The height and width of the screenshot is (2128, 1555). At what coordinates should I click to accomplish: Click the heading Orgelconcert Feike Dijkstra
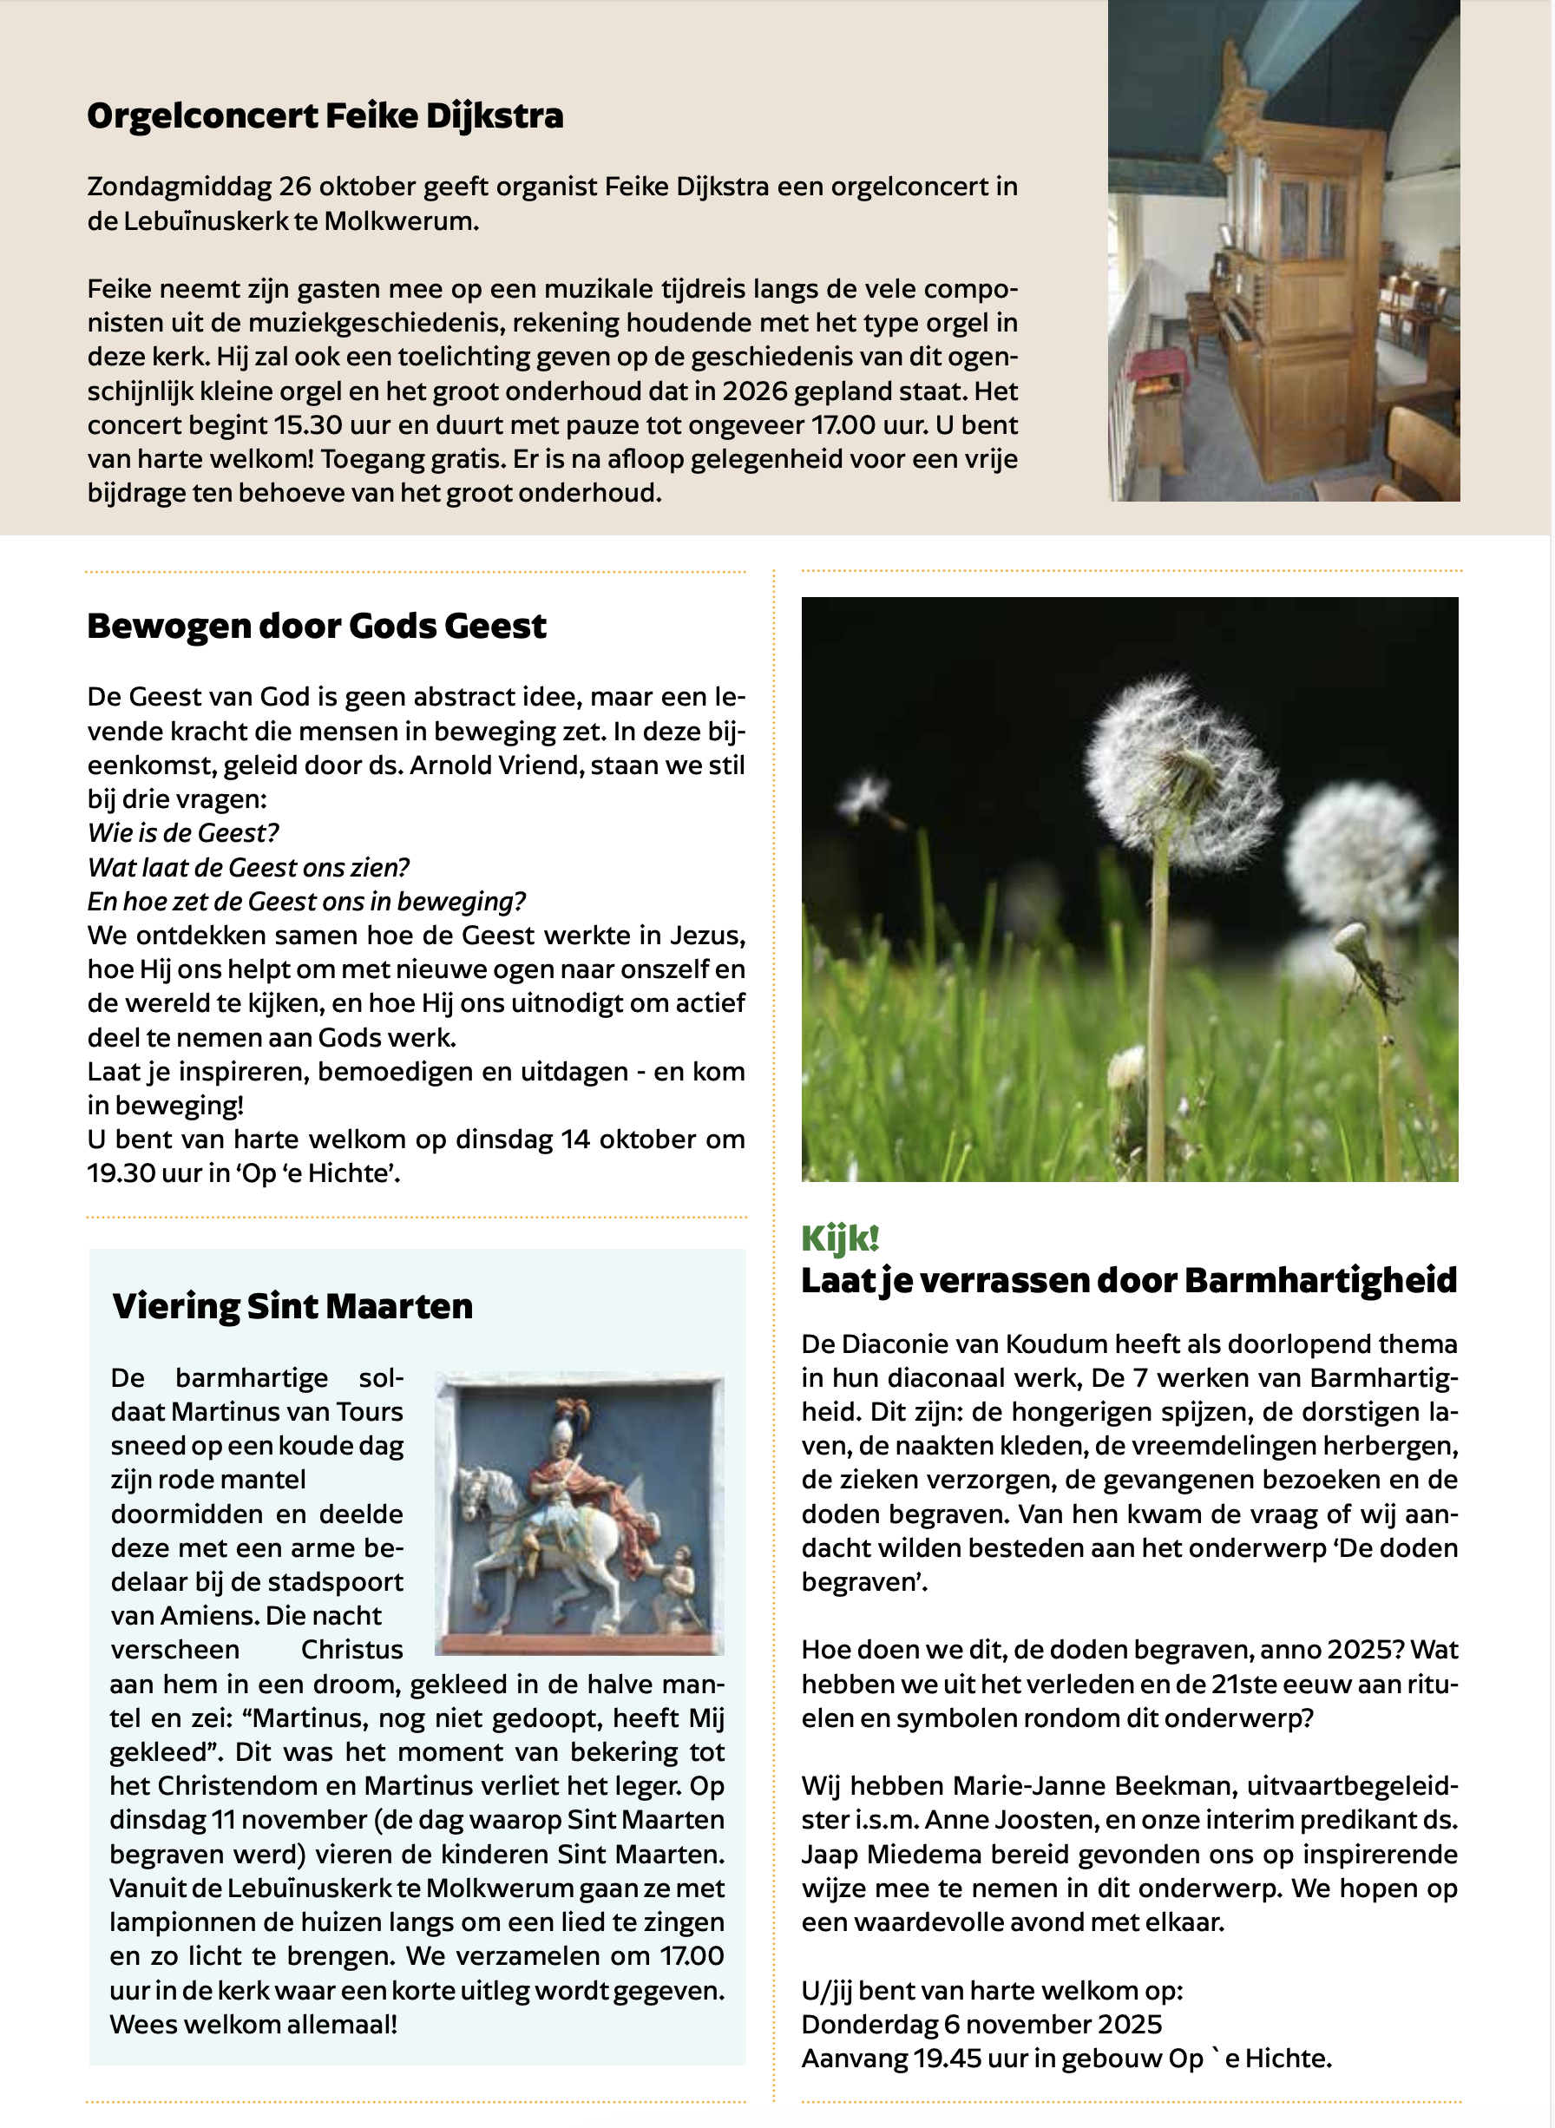tap(325, 116)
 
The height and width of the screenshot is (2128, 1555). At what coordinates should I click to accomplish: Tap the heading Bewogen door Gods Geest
tap(316, 627)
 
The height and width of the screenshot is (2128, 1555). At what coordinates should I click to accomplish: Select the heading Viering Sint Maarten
tap(292, 1307)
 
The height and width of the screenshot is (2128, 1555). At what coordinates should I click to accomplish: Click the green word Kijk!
tap(840, 1239)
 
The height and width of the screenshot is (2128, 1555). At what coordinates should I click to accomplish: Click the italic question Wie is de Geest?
tap(182, 834)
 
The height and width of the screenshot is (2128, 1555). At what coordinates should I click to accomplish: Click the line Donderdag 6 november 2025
tap(981, 2025)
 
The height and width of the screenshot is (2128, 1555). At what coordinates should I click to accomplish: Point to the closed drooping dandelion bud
tap(1353, 941)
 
